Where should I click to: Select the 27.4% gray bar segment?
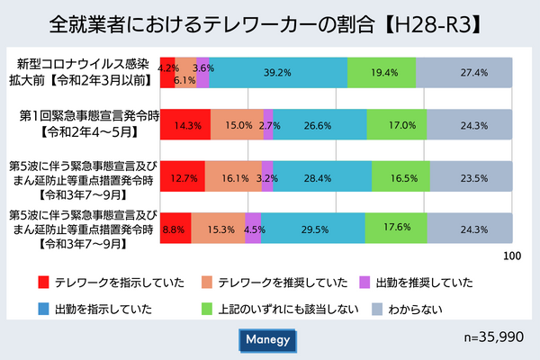pos(464,72)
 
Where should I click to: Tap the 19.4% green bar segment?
pos(382,72)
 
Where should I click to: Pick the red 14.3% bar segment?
pos(185,125)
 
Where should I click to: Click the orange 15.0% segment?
pos(238,125)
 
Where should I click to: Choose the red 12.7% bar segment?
pos(182,177)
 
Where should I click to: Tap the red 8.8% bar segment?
pos(175,229)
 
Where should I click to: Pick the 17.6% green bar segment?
pos(396,229)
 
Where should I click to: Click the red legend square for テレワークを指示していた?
pos(42,283)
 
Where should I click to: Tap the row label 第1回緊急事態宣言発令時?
pos(88,117)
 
